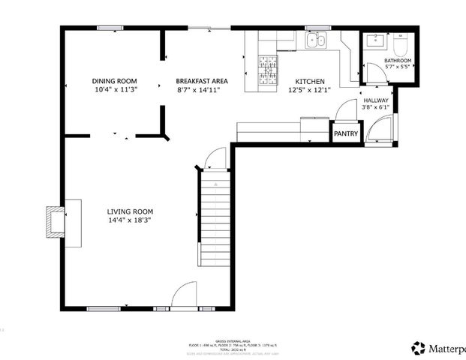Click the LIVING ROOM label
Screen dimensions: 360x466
pyautogui.click(x=129, y=211)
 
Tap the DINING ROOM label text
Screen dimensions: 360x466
pyautogui.click(x=115, y=81)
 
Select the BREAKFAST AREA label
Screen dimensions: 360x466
pyautogui.click(x=201, y=81)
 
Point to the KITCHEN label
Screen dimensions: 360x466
pyautogui.click(x=309, y=81)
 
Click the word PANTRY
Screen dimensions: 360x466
pyautogui.click(x=346, y=133)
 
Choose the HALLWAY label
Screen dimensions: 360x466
pyautogui.click(x=375, y=99)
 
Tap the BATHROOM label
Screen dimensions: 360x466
pyautogui.click(x=398, y=60)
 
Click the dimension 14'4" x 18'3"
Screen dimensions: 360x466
pyautogui.click(x=129, y=220)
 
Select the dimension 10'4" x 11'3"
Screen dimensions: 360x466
pyautogui.click(x=115, y=90)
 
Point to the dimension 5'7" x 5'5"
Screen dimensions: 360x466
pyautogui.click(x=398, y=67)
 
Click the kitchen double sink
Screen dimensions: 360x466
pyautogui.click(x=316, y=42)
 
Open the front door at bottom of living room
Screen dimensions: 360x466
pyautogui.click(x=182, y=298)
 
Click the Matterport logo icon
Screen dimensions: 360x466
pyautogui.click(x=419, y=348)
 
